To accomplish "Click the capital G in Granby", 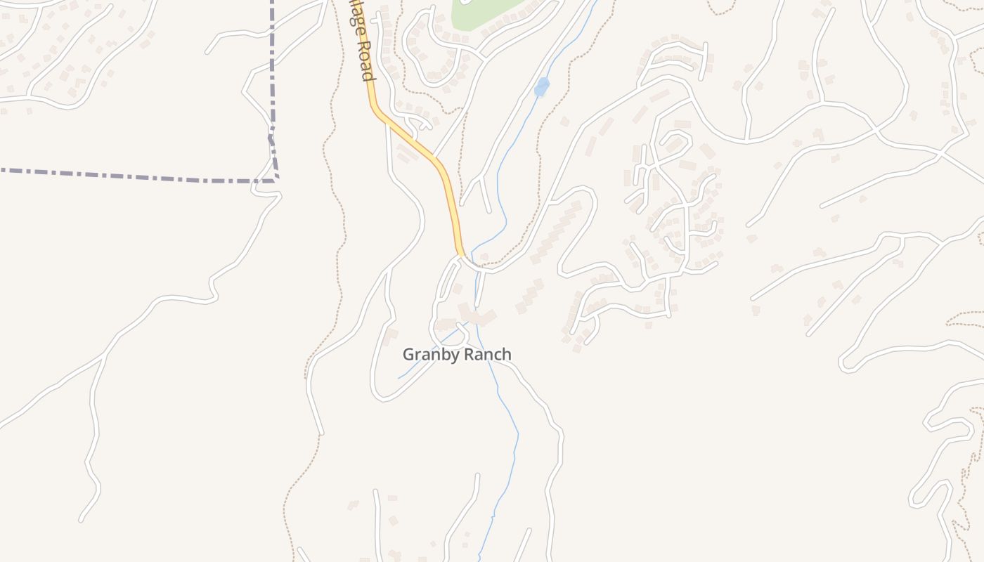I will pos(408,355).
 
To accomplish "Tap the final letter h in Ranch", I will pos(507,355).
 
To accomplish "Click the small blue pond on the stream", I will pos(541,87).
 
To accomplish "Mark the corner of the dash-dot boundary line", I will pos(276,180).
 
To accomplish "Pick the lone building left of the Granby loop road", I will pos(391,333).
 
